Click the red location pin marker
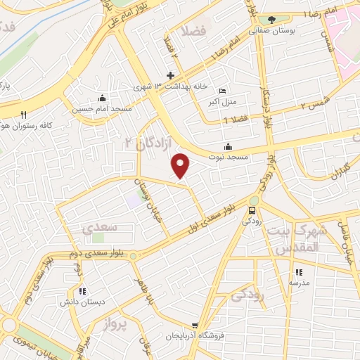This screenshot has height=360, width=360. pos(181,165)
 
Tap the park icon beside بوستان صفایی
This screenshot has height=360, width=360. pos(271,20)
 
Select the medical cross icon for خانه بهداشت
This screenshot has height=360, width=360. pos(170,75)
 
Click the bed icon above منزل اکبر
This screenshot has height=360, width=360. pos(223,91)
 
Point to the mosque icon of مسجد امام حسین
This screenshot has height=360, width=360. pos(103,98)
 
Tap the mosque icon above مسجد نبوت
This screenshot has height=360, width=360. pos(228,146)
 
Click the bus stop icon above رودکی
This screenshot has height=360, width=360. pos(252,210)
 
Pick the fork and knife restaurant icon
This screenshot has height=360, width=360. pos(23,115)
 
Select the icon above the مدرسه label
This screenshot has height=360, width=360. pos(298,272)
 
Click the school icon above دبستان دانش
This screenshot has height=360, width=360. pos(82,291)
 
